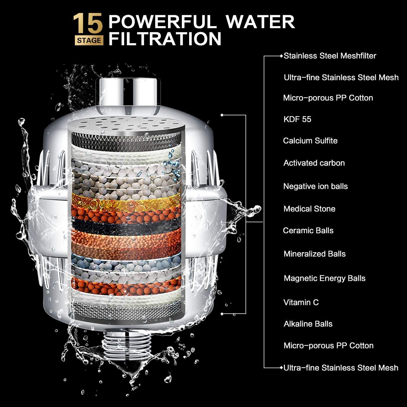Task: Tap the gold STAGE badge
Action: (89, 40)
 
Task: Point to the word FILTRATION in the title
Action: (165, 39)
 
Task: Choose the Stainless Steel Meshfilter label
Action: (330, 56)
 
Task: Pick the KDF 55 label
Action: (297, 119)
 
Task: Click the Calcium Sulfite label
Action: (310, 141)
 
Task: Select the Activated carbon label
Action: (314, 163)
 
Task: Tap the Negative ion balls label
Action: (315, 186)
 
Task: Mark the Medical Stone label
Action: (309, 209)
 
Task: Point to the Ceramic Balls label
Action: (308, 230)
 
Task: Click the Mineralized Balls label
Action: (314, 254)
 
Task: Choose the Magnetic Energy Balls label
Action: (325, 278)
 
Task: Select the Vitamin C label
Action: (301, 302)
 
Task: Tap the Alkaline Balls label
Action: (308, 324)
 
